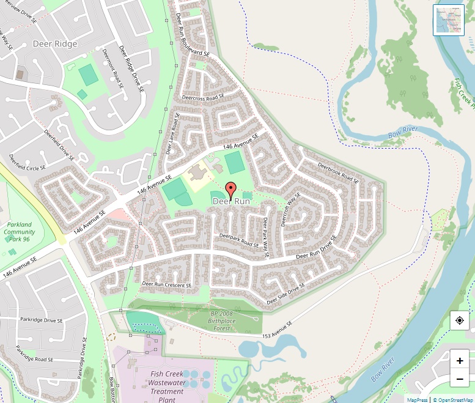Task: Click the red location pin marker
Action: tap(230, 188)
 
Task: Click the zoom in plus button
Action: tap(460, 360)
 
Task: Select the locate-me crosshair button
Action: tap(460, 320)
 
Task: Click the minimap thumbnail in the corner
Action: tap(449, 20)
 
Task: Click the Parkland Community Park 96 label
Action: tap(20, 232)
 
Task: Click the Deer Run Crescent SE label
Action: tap(167, 284)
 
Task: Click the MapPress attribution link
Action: tap(417, 399)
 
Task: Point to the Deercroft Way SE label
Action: tap(288, 209)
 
